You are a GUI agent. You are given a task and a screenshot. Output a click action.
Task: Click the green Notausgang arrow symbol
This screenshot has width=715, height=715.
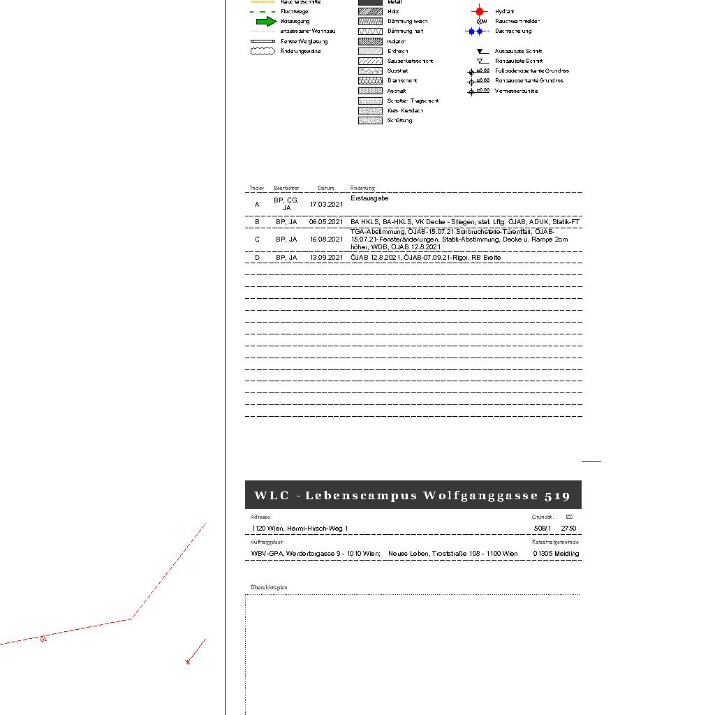(267, 21)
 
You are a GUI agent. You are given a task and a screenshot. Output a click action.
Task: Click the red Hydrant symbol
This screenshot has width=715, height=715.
(479, 11)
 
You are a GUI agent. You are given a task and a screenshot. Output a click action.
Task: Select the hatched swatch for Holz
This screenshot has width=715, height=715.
(370, 11)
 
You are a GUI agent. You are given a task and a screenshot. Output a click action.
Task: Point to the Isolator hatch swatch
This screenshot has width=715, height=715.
(370, 41)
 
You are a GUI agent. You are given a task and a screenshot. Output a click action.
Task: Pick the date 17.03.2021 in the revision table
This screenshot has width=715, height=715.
(326, 205)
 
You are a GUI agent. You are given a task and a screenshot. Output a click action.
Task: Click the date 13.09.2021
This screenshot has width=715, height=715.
(326, 258)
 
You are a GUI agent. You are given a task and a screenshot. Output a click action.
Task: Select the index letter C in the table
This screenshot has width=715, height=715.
(257, 239)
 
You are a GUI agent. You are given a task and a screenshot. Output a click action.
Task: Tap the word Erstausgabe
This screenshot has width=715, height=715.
(369, 198)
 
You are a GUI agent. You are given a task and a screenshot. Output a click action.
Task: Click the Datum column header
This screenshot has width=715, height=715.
(325, 188)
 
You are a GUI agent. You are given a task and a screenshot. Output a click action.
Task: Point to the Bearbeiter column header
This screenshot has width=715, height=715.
(286, 188)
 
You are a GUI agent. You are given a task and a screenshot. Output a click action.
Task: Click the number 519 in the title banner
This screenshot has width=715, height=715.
(557, 496)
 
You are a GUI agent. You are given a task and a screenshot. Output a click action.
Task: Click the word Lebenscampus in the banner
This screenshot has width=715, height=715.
(361, 496)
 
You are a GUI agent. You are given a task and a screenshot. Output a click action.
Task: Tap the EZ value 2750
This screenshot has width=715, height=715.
(568, 529)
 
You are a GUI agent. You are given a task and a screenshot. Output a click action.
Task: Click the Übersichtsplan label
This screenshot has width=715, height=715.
(269, 587)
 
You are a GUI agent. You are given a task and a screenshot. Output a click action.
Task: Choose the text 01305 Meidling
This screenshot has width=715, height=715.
(556, 554)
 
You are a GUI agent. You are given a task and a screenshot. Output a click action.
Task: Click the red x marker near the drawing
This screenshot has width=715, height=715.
(187, 662)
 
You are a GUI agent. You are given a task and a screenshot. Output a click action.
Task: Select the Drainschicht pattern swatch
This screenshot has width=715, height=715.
(370, 81)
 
